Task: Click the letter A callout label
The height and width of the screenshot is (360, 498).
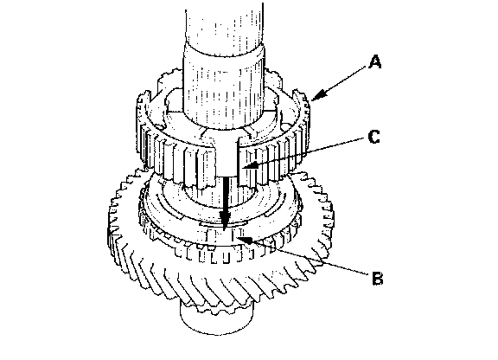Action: (x=374, y=62)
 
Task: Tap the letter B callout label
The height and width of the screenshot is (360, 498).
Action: (x=377, y=278)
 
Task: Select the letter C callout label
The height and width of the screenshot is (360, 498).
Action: (x=373, y=137)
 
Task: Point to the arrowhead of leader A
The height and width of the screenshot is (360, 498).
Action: (x=317, y=95)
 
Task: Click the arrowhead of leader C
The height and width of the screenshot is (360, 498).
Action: (x=248, y=165)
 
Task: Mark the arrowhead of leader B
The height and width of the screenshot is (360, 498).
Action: (x=246, y=240)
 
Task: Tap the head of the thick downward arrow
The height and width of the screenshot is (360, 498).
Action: (x=225, y=220)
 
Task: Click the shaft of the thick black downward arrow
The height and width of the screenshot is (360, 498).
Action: (x=225, y=194)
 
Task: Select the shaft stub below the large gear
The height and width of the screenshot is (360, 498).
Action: (x=217, y=318)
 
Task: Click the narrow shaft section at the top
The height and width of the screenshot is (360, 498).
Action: (x=224, y=27)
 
